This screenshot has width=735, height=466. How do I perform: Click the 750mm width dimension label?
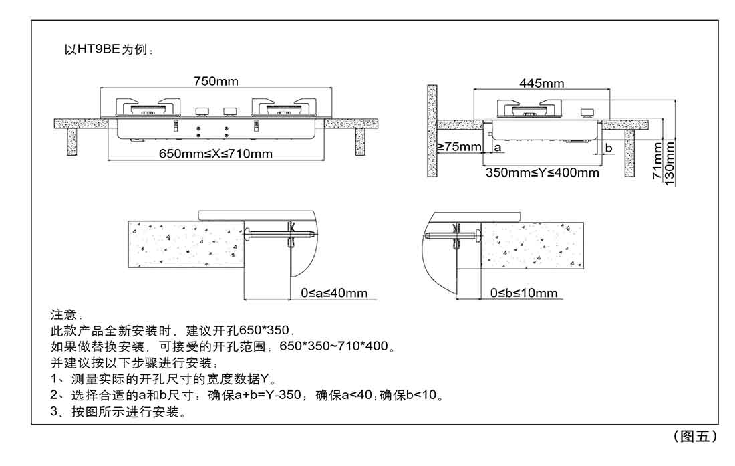(216, 82)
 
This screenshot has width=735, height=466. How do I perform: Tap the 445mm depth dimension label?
(542, 84)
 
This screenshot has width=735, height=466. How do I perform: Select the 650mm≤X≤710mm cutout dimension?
(216, 154)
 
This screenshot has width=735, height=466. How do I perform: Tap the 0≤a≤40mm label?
(335, 293)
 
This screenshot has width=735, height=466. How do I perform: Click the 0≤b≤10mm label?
(524, 293)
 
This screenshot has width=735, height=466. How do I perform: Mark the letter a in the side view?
(498, 146)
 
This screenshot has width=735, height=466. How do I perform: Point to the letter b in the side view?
(609, 147)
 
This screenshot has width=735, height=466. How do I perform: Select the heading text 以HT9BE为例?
(107, 50)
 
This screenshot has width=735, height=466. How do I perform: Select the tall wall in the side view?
(432, 130)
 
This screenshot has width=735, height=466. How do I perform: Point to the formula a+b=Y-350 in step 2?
(261, 395)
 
